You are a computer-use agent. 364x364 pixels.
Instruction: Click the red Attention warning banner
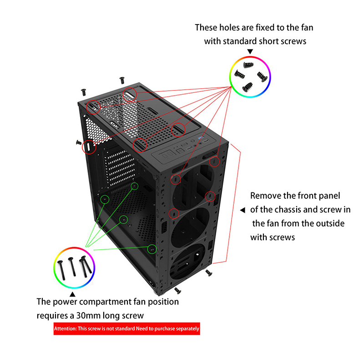(127, 329)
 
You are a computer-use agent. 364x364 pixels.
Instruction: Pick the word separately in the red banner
(187, 329)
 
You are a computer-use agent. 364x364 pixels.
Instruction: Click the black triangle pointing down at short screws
(250, 51)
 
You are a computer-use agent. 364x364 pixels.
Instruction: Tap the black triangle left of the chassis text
(243, 210)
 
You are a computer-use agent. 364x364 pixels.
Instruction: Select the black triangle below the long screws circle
(72, 294)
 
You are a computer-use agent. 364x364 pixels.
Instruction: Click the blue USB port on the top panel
(201, 138)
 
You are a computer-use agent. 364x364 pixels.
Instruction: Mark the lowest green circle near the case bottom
(152, 245)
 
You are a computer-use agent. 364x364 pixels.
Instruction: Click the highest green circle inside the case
(135, 182)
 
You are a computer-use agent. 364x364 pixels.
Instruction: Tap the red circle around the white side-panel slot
(82, 147)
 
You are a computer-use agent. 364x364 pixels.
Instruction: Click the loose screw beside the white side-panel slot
(79, 142)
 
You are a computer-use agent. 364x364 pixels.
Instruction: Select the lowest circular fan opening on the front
(187, 261)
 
